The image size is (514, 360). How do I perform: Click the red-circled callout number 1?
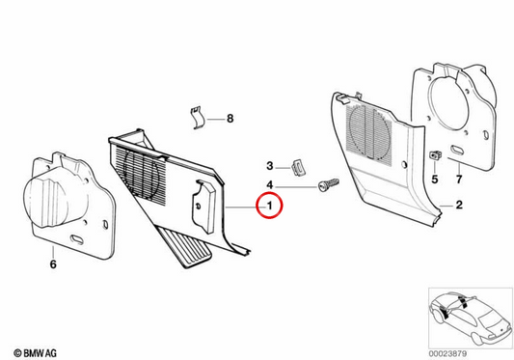coord(269,206)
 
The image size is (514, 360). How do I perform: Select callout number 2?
coord(459,205)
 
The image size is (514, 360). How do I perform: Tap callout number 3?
coord(269,166)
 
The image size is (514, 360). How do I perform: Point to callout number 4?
coord(269,185)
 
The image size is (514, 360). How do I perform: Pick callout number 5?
coord(435,180)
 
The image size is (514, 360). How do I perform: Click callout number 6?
coord(53,264)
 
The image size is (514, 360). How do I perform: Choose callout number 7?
coord(459,180)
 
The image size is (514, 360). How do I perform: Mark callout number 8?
coord(230,119)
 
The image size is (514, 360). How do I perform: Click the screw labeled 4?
coord(328,185)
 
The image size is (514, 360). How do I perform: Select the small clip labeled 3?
coord(298,168)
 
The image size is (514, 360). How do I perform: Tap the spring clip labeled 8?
coord(198,118)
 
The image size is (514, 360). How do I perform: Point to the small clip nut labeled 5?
coord(435,154)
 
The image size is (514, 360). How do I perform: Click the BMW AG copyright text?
coord(35,353)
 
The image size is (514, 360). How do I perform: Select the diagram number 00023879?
coord(447,354)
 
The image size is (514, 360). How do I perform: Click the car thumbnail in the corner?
coord(471,318)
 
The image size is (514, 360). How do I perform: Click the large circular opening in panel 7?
coord(448,101)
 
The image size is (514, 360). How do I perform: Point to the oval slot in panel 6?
coord(76,239)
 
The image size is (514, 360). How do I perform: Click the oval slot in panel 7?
coord(457,150)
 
